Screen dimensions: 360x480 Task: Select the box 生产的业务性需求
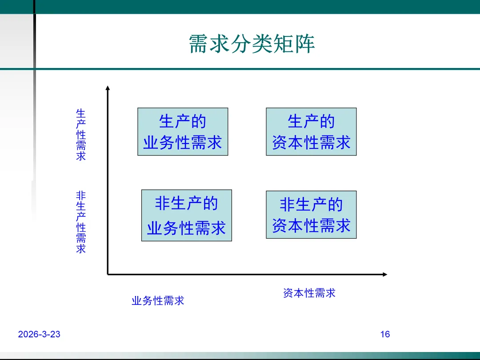tap(183, 132)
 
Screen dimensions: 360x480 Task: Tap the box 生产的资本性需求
tap(311, 132)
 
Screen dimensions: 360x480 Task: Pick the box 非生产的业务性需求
tap(187, 216)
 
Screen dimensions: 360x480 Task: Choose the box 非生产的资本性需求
tap(311, 215)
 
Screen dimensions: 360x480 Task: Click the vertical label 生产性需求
tap(81, 134)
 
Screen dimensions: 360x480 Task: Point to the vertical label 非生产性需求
tap(81, 222)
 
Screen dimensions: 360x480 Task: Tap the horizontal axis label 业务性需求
tap(158, 301)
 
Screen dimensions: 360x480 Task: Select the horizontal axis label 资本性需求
tap(309, 293)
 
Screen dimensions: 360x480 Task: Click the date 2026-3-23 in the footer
tap(39, 334)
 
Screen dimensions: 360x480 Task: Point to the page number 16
tap(385, 334)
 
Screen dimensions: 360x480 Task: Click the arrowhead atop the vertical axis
tap(107, 88)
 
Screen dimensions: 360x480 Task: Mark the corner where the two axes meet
tap(108, 275)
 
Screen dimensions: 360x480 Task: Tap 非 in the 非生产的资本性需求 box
tap(287, 204)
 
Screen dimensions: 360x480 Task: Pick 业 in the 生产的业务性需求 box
tap(151, 143)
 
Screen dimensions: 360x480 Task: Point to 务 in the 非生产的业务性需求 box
tap(171, 228)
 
